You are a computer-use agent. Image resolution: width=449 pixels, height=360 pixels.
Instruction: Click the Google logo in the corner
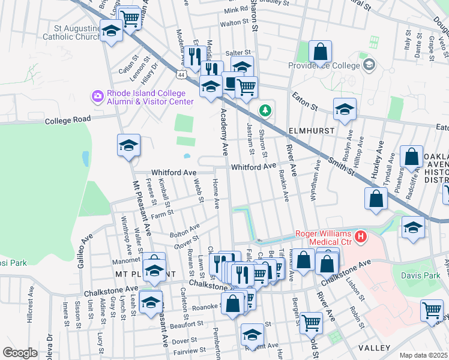pyautogui.click(x=20, y=353)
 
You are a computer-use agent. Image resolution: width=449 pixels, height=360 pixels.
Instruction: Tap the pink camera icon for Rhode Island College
pyautogui.click(x=97, y=96)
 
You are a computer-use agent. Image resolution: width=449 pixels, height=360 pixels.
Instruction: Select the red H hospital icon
pyautogui.click(x=360, y=237)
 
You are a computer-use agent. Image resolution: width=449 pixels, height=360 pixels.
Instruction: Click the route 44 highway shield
pyautogui.click(x=181, y=74)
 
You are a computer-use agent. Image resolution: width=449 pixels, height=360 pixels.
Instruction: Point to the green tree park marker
pyautogui.click(x=265, y=110)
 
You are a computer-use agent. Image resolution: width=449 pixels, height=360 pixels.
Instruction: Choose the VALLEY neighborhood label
pyautogui.click(x=375, y=348)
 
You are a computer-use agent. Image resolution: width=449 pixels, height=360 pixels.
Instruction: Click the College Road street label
pyautogui.click(x=67, y=120)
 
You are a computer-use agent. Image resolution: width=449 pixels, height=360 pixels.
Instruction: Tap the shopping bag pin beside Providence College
pyautogui.click(x=321, y=52)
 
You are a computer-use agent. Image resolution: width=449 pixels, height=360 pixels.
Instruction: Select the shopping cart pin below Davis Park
pyautogui.click(x=432, y=311)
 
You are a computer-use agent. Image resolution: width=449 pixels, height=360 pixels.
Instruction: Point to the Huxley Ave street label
pyautogui.click(x=377, y=161)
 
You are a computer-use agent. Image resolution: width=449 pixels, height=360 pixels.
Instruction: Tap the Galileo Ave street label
pyautogui.click(x=84, y=250)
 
